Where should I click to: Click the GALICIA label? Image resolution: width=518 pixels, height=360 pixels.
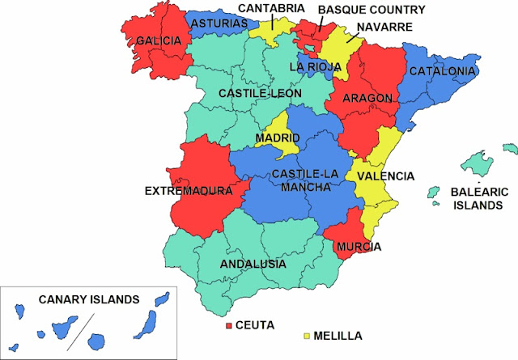158,40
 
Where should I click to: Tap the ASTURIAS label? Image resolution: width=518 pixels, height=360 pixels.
219,24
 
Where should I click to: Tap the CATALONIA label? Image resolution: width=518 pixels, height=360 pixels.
442,71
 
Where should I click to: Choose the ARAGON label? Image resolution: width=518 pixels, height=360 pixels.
367,98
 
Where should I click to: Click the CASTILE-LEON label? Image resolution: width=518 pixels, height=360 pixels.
260,94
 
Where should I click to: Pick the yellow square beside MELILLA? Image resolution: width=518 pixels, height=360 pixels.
307,334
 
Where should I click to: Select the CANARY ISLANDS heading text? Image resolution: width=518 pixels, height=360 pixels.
83,299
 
